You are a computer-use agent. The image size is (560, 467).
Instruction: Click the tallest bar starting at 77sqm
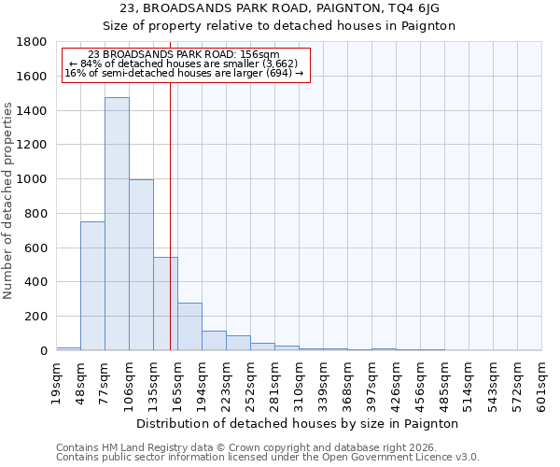pyautogui.click(x=117, y=224)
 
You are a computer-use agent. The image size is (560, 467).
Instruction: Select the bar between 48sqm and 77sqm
pyautogui.click(x=92, y=286)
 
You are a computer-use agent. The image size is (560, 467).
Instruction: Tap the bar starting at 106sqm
pyautogui.click(x=141, y=265)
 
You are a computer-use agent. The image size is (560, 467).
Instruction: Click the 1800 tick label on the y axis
pyautogui.click(x=32, y=42)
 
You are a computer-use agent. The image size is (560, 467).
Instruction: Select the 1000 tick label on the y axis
pyautogui.click(x=32, y=179)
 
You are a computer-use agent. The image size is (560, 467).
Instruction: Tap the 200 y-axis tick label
pyautogui.click(x=35, y=317)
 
